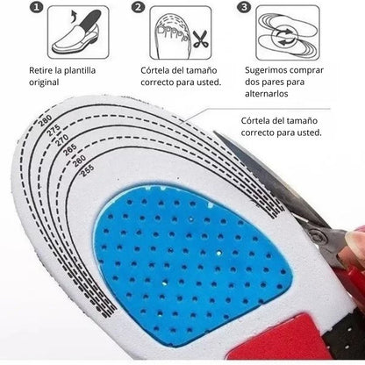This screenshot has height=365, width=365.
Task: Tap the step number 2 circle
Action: click(x=138, y=8)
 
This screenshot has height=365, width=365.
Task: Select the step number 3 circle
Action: click(x=243, y=8)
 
